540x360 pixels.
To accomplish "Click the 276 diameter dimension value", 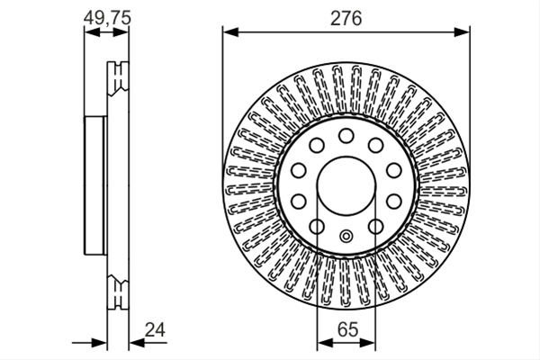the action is pyautogui.click(x=346, y=19).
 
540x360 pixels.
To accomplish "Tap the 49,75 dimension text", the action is pyautogui.click(x=107, y=18).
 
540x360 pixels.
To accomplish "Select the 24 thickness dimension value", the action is pyautogui.click(x=155, y=329).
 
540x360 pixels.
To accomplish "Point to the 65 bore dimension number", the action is pyautogui.click(x=347, y=329).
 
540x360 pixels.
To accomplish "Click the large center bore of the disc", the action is pyautogui.click(x=346, y=185).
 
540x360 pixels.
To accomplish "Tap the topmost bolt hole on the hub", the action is pyautogui.click(x=346, y=136).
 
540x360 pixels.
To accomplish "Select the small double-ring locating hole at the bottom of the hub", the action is pyautogui.click(x=346, y=237).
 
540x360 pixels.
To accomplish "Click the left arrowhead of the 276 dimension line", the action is pyautogui.click(x=230, y=32).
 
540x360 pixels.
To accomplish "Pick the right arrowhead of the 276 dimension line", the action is pyautogui.click(x=462, y=32).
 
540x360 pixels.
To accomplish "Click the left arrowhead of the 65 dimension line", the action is pyautogui.click(x=325, y=343).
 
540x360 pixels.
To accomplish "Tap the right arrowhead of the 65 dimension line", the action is pyautogui.click(x=367, y=343).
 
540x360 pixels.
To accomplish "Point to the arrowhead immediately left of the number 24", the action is pyautogui.click(x=137, y=343).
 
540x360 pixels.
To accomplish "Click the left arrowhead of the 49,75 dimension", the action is pyautogui.click(x=92, y=32).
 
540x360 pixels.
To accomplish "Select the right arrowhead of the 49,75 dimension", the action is pyautogui.click(x=121, y=32).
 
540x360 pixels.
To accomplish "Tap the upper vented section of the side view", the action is pyautogui.click(x=118, y=78).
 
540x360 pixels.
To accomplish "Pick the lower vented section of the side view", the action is pyautogui.click(x=118, y=292).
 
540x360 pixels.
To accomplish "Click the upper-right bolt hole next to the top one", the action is pyautogui.click(x=375, y=145).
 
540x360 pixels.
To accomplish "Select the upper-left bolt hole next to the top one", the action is pyautogui.click(x=317, y=145).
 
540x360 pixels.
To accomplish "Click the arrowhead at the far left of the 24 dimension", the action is pyautogui.click(x=99, y=343).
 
